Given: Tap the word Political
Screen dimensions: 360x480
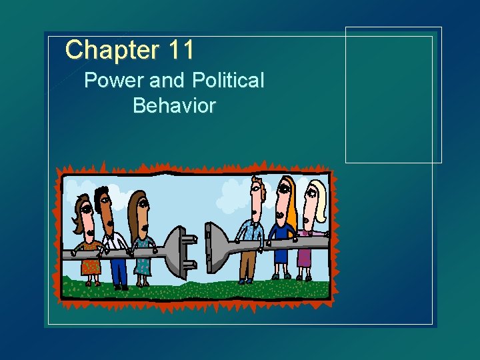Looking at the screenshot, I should click(229, 81).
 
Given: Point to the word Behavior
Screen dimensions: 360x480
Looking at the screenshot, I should click(174, 105).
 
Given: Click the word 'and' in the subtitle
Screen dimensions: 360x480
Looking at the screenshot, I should click(167, 81).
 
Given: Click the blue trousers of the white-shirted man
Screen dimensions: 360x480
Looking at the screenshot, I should click(119, 270).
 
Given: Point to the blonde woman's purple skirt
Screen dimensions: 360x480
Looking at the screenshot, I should click(304, 256).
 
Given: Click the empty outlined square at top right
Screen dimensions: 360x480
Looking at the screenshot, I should click(393, 95).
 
